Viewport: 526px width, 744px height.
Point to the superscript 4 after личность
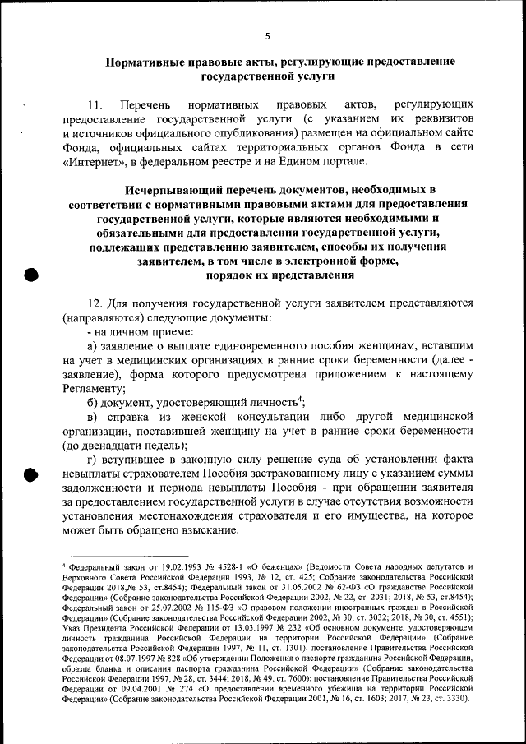(302, 400)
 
